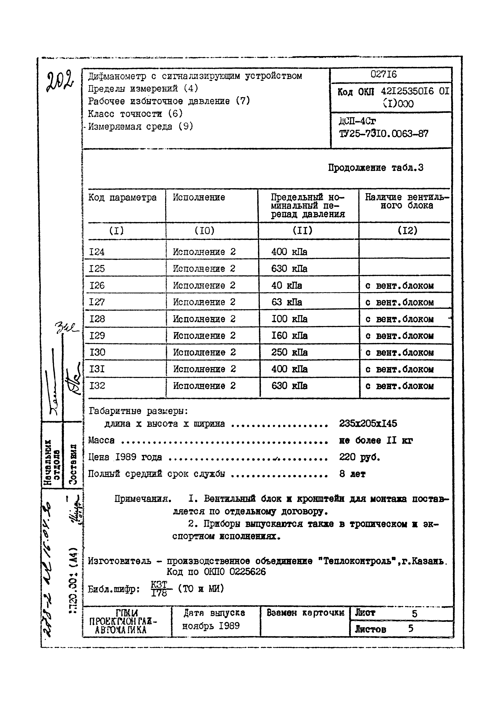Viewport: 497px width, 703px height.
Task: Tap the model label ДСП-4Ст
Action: (x=357, y=121)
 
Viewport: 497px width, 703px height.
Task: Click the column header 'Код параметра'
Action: (x=122, y=197)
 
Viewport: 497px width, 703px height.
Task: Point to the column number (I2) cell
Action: (x=407, y=230)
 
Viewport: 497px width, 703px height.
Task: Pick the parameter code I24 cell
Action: (x=97, y=252)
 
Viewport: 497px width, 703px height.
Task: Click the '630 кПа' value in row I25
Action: (x=289, y=269)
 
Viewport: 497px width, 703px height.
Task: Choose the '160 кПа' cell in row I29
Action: (x=289, y=336)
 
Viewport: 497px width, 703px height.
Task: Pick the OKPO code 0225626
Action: (x=247, y=572)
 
